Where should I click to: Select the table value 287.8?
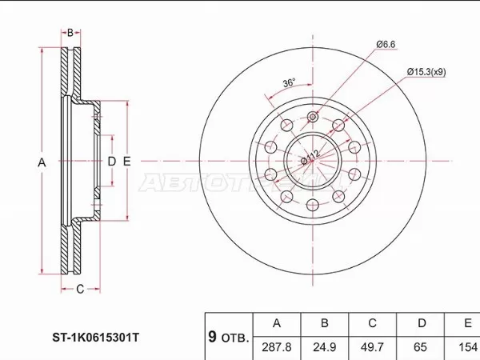coord(277,347)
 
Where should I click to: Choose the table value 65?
coord(421,347)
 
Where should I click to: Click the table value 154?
coord(466,347)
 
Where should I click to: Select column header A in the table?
coord(277,324)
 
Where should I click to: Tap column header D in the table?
coord(421,324)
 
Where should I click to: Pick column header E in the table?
coord(466,324)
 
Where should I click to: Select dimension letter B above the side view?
coord(70,33)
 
